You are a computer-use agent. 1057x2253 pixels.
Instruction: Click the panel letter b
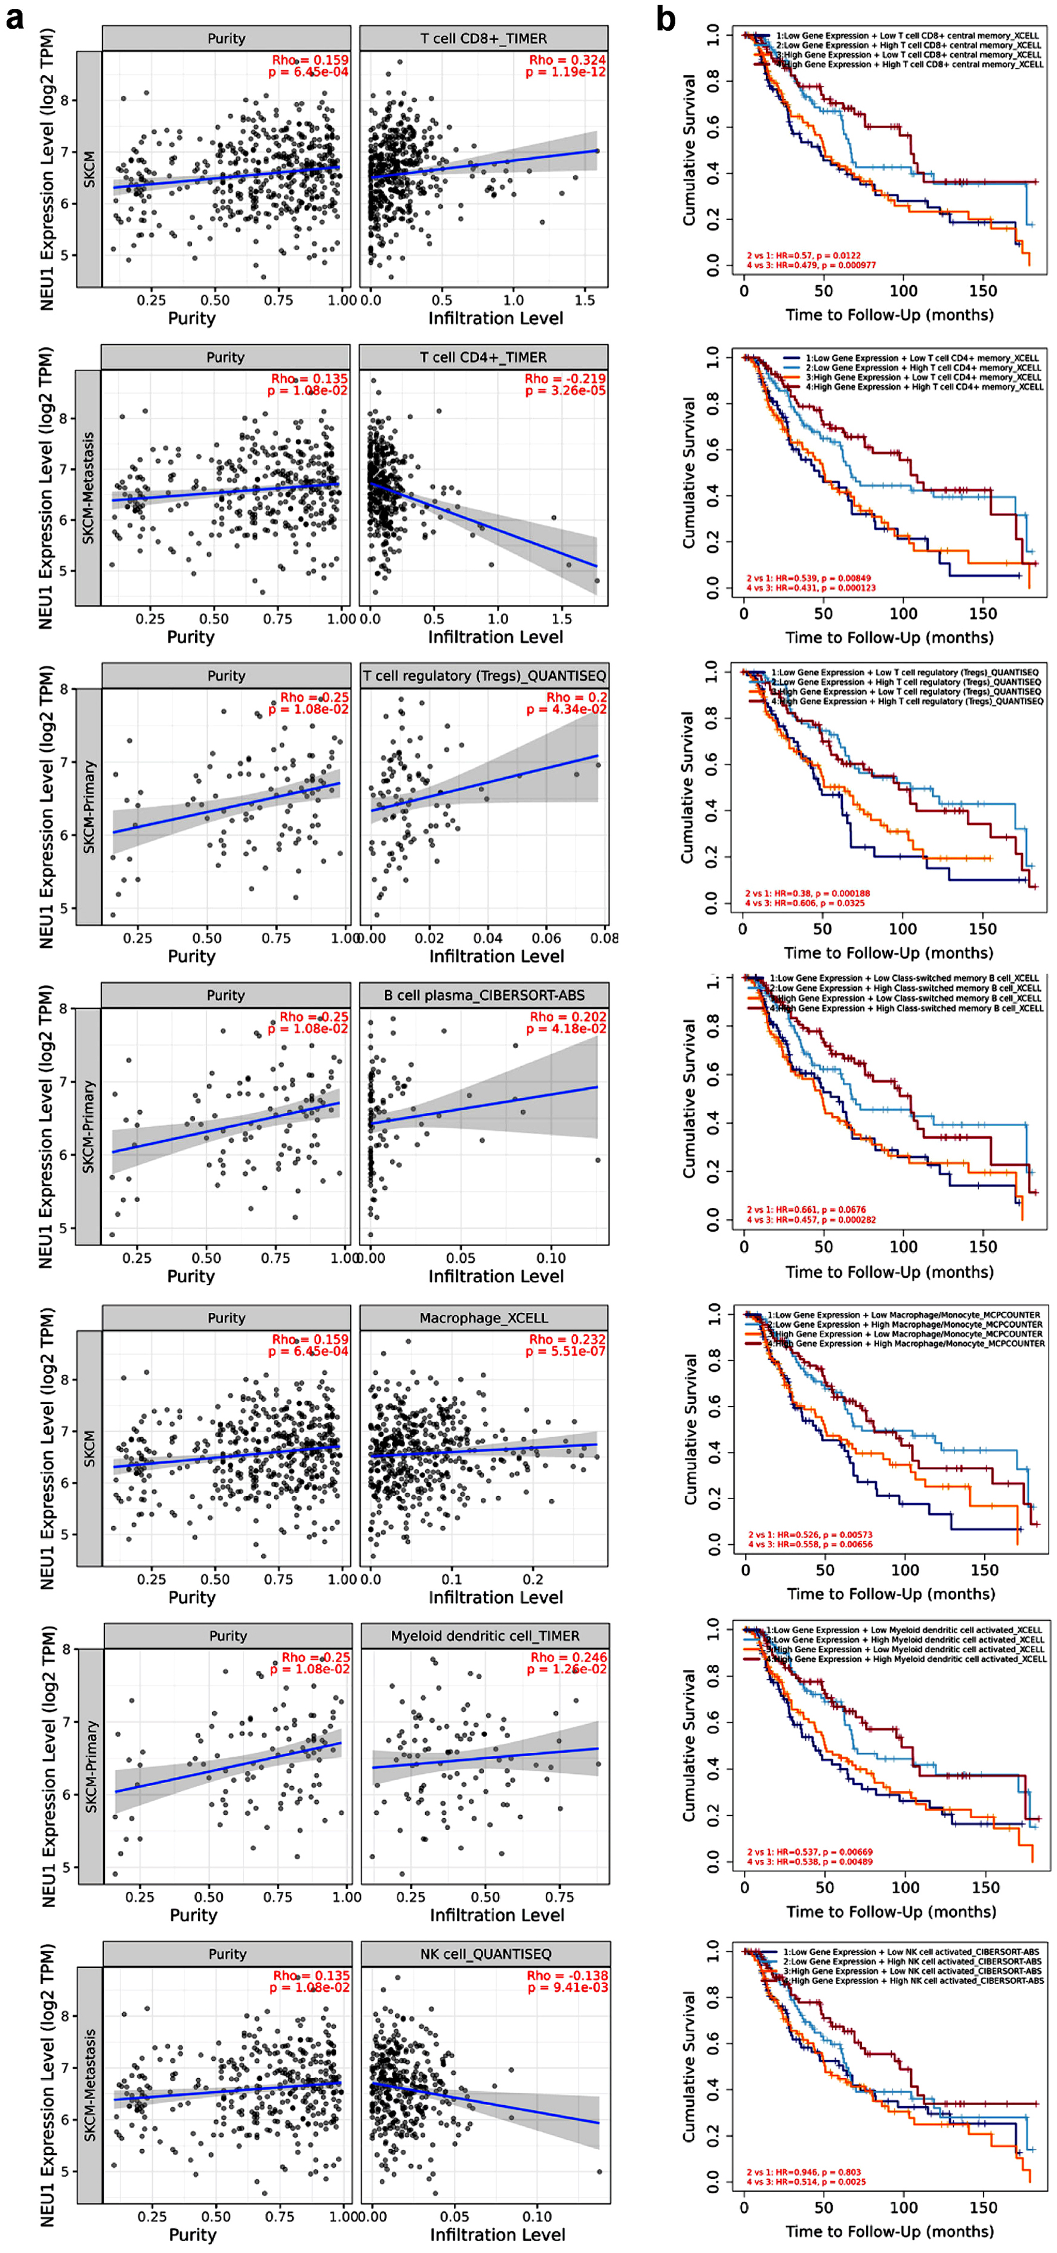pyautogui.click(x=666, y=17)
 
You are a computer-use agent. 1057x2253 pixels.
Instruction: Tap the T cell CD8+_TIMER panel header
pyautogui.click(x=484, y=39)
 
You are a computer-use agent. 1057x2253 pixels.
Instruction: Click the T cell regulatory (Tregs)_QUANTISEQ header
pyautogui.click(x=484, y=675)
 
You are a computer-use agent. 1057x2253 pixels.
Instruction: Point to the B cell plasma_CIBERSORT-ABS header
pyautogui.click(x=484, y=996)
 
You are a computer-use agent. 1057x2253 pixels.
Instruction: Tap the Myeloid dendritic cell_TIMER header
pyautogui.click(x=484, y=1636)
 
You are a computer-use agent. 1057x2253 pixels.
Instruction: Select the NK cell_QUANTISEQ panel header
pyautogui.click(x=484, y=1954)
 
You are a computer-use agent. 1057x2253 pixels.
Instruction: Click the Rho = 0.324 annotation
pyautogui.click(x=567, y=60)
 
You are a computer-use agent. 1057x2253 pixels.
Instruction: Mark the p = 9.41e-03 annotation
pyautogui.click(x=567, y=1987)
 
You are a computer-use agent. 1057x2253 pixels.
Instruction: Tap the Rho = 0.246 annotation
pyautogui.click(x=567, y=1657)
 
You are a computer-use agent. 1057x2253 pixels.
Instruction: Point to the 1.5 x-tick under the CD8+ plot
pyautogui.click(x=584, y=300)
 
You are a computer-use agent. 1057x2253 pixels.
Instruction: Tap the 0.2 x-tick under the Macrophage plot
pyautogui.click(x=533, y=1580)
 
